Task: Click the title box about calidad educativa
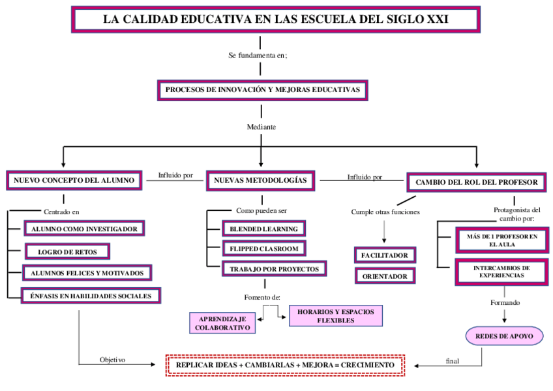(275, 20)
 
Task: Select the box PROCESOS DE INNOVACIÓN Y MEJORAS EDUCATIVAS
(262, 89)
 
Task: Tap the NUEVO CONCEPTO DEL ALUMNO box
(74, 181)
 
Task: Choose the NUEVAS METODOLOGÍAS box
(260, 181)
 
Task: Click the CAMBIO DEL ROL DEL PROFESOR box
(476, 182)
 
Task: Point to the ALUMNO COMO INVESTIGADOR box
(84, 228)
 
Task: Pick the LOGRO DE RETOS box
(67, 251)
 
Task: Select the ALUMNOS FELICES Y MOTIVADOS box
(87, 273)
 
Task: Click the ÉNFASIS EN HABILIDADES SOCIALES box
(91, 296)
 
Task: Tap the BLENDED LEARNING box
(263, 228)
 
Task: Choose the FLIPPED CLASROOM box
(263, 248)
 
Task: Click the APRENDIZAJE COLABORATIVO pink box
(222, 322)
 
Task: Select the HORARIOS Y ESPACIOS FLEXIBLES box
(335, 316)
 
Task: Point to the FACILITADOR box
(385, 255)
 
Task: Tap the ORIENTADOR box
(385, 276)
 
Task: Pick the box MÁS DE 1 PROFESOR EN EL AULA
(502, 240)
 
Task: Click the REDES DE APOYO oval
(505, 336)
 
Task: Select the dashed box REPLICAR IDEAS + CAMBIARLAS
(285, 364)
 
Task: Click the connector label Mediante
(262, 126)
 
